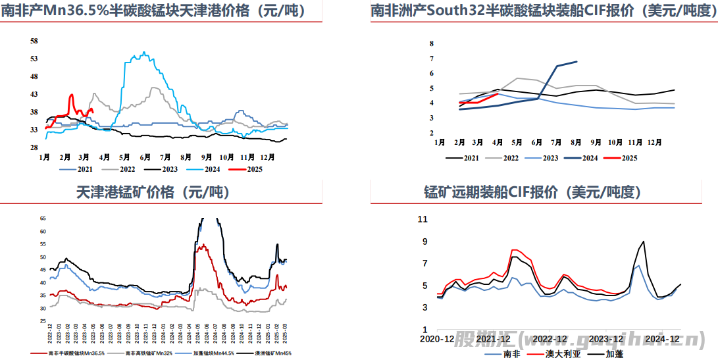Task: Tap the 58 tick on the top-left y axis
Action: coord(34,41)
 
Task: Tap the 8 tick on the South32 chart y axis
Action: coord(432,43)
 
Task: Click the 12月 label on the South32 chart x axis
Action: coord(654,142)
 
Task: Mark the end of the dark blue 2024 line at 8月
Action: coord(577,62)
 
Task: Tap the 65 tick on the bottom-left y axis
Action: coord(43,218)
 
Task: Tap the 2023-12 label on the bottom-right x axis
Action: coord(605,339)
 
